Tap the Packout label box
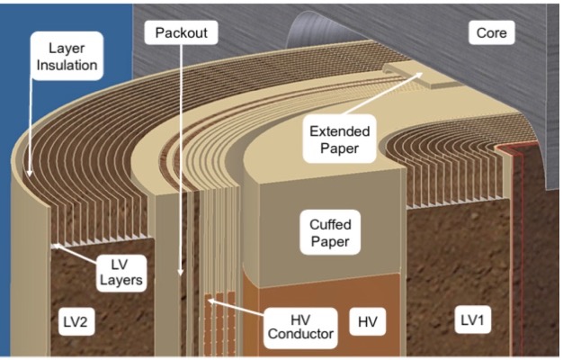click(x=182, y=33)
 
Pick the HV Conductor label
click(x=300, y=328)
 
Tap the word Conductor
click(x=300, y=337)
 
